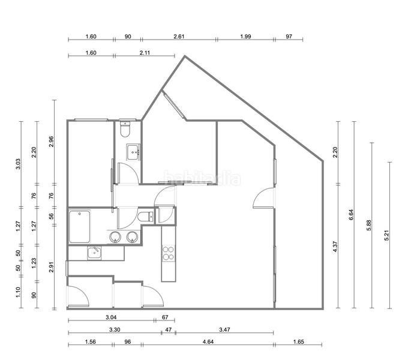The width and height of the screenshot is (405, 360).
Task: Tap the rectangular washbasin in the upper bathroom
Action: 133,152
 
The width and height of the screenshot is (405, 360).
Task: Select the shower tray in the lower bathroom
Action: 80,226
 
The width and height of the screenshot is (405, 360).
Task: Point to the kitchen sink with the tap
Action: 94,253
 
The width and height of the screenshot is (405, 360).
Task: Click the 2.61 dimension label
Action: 178,37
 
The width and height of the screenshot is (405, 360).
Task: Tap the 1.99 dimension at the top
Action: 245,37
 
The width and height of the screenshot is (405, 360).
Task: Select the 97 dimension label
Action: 289,37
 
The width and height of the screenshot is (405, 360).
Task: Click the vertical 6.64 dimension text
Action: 351,215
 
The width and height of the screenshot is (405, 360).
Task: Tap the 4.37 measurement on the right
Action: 335,245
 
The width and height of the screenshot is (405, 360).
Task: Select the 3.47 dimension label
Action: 224,329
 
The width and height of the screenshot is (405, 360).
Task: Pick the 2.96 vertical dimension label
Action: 52,141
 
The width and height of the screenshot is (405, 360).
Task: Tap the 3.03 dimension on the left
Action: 18,164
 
